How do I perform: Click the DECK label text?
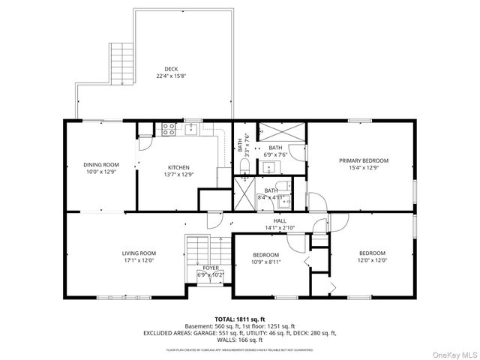(171, 69)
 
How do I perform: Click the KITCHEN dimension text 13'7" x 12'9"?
(178, 174)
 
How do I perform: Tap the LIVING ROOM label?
(139, 253)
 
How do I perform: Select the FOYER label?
(211, 268)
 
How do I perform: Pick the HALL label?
(280, 220)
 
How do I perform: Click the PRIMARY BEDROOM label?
(364, 160)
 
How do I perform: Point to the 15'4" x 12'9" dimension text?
(364, 167)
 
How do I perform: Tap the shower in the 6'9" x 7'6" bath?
(283, 130)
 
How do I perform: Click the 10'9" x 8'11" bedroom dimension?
(266, 262)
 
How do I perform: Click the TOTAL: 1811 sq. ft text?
(240, 319)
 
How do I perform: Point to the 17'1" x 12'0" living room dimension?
(139, 260)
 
